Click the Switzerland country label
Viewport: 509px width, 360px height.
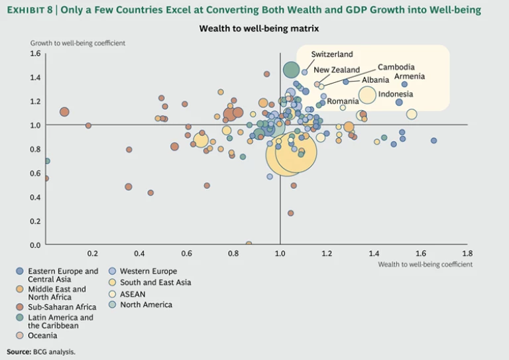click(x=332, y=54)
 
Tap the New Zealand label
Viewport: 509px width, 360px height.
click(x=337, y=70)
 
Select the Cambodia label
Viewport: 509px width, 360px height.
click(x=396, y=67)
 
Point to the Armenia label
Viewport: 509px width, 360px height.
click(x=410, y=76)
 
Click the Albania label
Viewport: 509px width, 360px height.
click(x=375, y=80)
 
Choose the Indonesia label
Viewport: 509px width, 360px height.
click(x=396, y=94)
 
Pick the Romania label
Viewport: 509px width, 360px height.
click(x=343, y=101)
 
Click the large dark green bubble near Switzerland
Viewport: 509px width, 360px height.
click(x=292, y=69)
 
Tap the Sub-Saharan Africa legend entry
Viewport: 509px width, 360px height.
click(x=62, y=307)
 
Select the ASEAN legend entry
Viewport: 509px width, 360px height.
click(x=133, y=294)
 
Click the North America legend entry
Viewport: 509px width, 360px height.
click(x=146, y=305)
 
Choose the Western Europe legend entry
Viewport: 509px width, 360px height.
click(x=148, y=271)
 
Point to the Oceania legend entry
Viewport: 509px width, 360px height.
click(x=42, y=335)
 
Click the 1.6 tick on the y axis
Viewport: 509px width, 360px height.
click(x=35, y=54)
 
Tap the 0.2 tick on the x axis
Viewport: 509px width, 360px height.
click(x=92, y=253)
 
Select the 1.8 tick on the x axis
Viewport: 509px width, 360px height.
click(x=467, y=253)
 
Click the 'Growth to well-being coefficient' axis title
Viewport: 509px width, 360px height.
click(x=78, y=43)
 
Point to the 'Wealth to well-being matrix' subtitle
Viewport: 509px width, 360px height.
click(x=255, y=29)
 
